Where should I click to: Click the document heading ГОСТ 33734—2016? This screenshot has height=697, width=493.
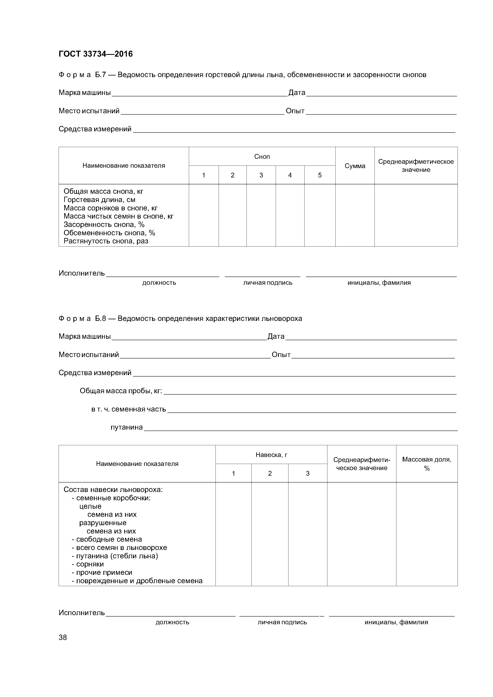click(95, 54)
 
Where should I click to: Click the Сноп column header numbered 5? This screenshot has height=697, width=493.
click(319, 175)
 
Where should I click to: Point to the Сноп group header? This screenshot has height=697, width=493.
click(262, 157)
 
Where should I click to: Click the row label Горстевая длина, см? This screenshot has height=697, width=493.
click(99, 200)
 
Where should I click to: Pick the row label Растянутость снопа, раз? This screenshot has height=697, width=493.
click(106, 241)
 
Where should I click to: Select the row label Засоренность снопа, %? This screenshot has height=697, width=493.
click(104, 225)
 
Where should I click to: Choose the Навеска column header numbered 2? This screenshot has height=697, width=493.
click(270, 473)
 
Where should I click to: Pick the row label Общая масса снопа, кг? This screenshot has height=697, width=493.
click(103, 192)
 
